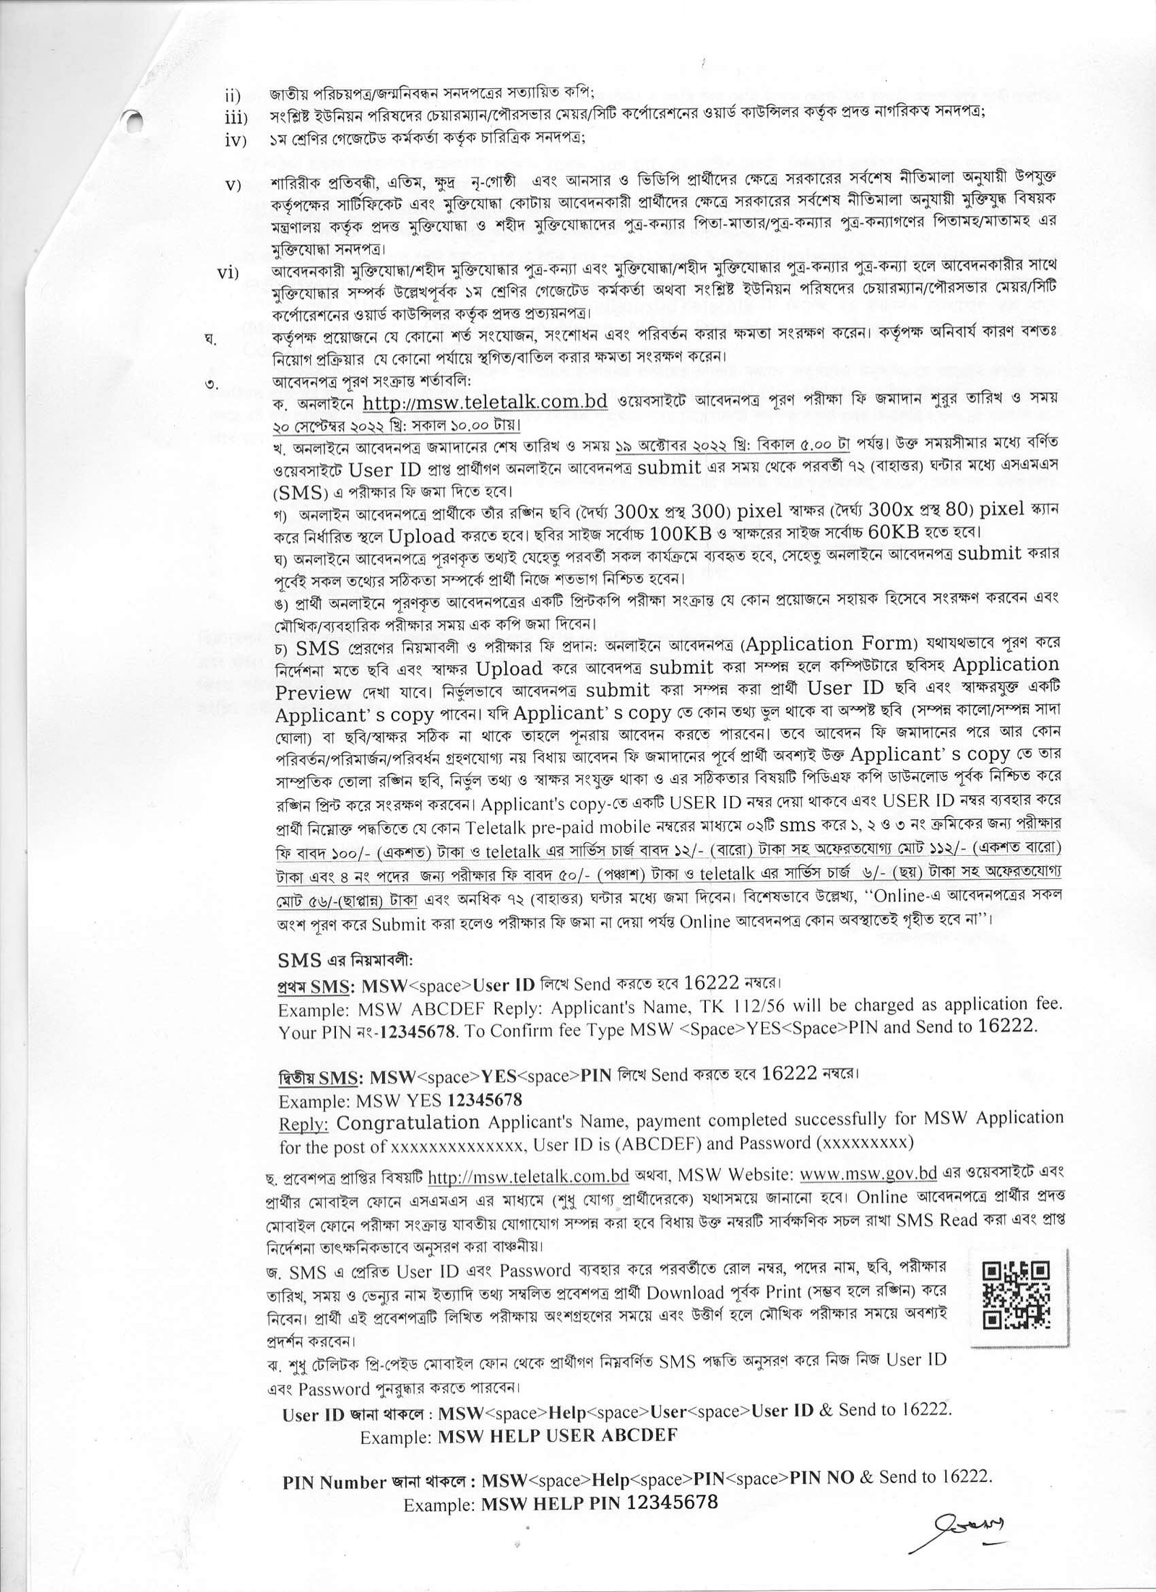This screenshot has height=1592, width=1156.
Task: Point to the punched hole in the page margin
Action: click(132, 124)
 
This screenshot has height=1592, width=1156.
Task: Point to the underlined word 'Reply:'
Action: click(304, 1124)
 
